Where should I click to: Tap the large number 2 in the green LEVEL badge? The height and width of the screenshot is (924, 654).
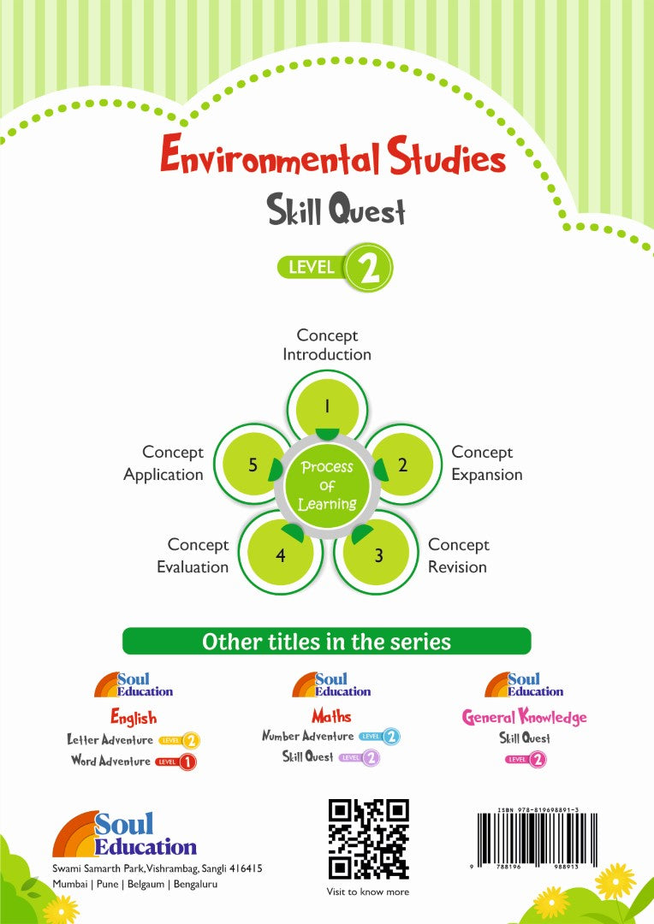[x=369, y=268]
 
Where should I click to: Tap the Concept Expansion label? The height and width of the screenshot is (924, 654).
[x=487, y=463]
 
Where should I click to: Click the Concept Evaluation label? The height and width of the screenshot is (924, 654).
[x=193, y=556]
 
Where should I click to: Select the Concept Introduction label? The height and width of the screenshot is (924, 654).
[x=327, y=345]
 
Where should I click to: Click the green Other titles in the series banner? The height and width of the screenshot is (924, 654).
[x=327, y=641]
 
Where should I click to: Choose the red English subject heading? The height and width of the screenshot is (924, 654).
[x=134, y=717]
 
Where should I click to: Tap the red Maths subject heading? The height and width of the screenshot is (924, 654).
[x=331, y=716]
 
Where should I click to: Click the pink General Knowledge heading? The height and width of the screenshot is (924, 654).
[x=524, y=717]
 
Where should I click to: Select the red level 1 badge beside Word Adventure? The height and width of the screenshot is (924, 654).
[x=176, y=762]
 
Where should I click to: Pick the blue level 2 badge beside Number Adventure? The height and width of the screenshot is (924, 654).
[x=379, y=737]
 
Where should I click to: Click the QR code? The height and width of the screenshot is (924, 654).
[x=369, y=839]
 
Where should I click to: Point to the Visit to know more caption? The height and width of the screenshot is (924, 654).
[x=368, y=891]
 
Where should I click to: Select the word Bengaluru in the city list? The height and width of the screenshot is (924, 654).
[x=195, y=884]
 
